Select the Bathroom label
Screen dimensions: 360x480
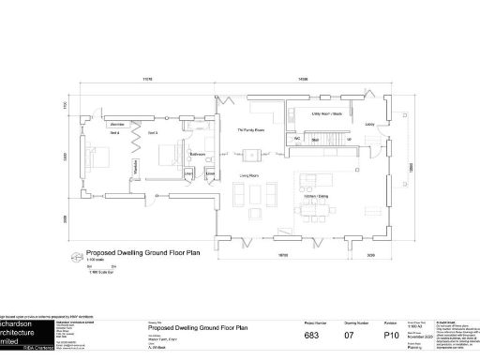[x=198, y=153]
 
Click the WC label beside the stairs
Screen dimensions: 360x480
[x=295, y=139]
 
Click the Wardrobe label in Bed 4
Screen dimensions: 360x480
[x=118, y=124]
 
